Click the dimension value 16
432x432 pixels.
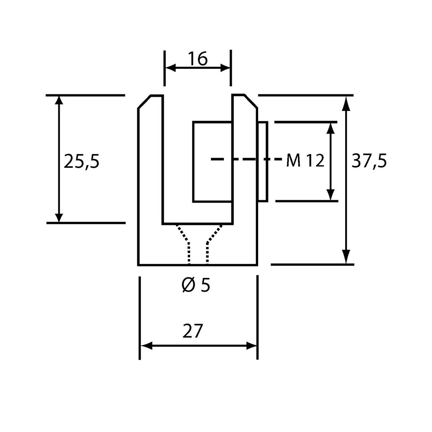(198, 59)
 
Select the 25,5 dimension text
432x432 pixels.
(81, 161)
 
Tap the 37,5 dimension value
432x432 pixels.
(369, 161)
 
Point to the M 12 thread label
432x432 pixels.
(305, 161)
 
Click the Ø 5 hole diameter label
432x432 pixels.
(196, 285)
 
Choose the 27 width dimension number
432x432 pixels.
(193, 331)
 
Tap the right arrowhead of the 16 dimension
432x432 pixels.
(225, 68)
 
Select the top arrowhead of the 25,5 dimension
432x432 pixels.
(59, 101)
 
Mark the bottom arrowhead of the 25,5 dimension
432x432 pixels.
(59, 217)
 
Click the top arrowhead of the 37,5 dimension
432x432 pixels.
(346, 104)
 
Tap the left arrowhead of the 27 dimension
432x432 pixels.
(147, 346)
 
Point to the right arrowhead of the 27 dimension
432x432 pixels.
(251, 346)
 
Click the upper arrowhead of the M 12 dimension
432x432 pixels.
(330, 129)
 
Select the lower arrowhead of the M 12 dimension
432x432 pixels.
(330, 195)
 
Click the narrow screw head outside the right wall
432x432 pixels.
(262, 162)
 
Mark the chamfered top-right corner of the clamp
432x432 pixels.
(251, 101)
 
